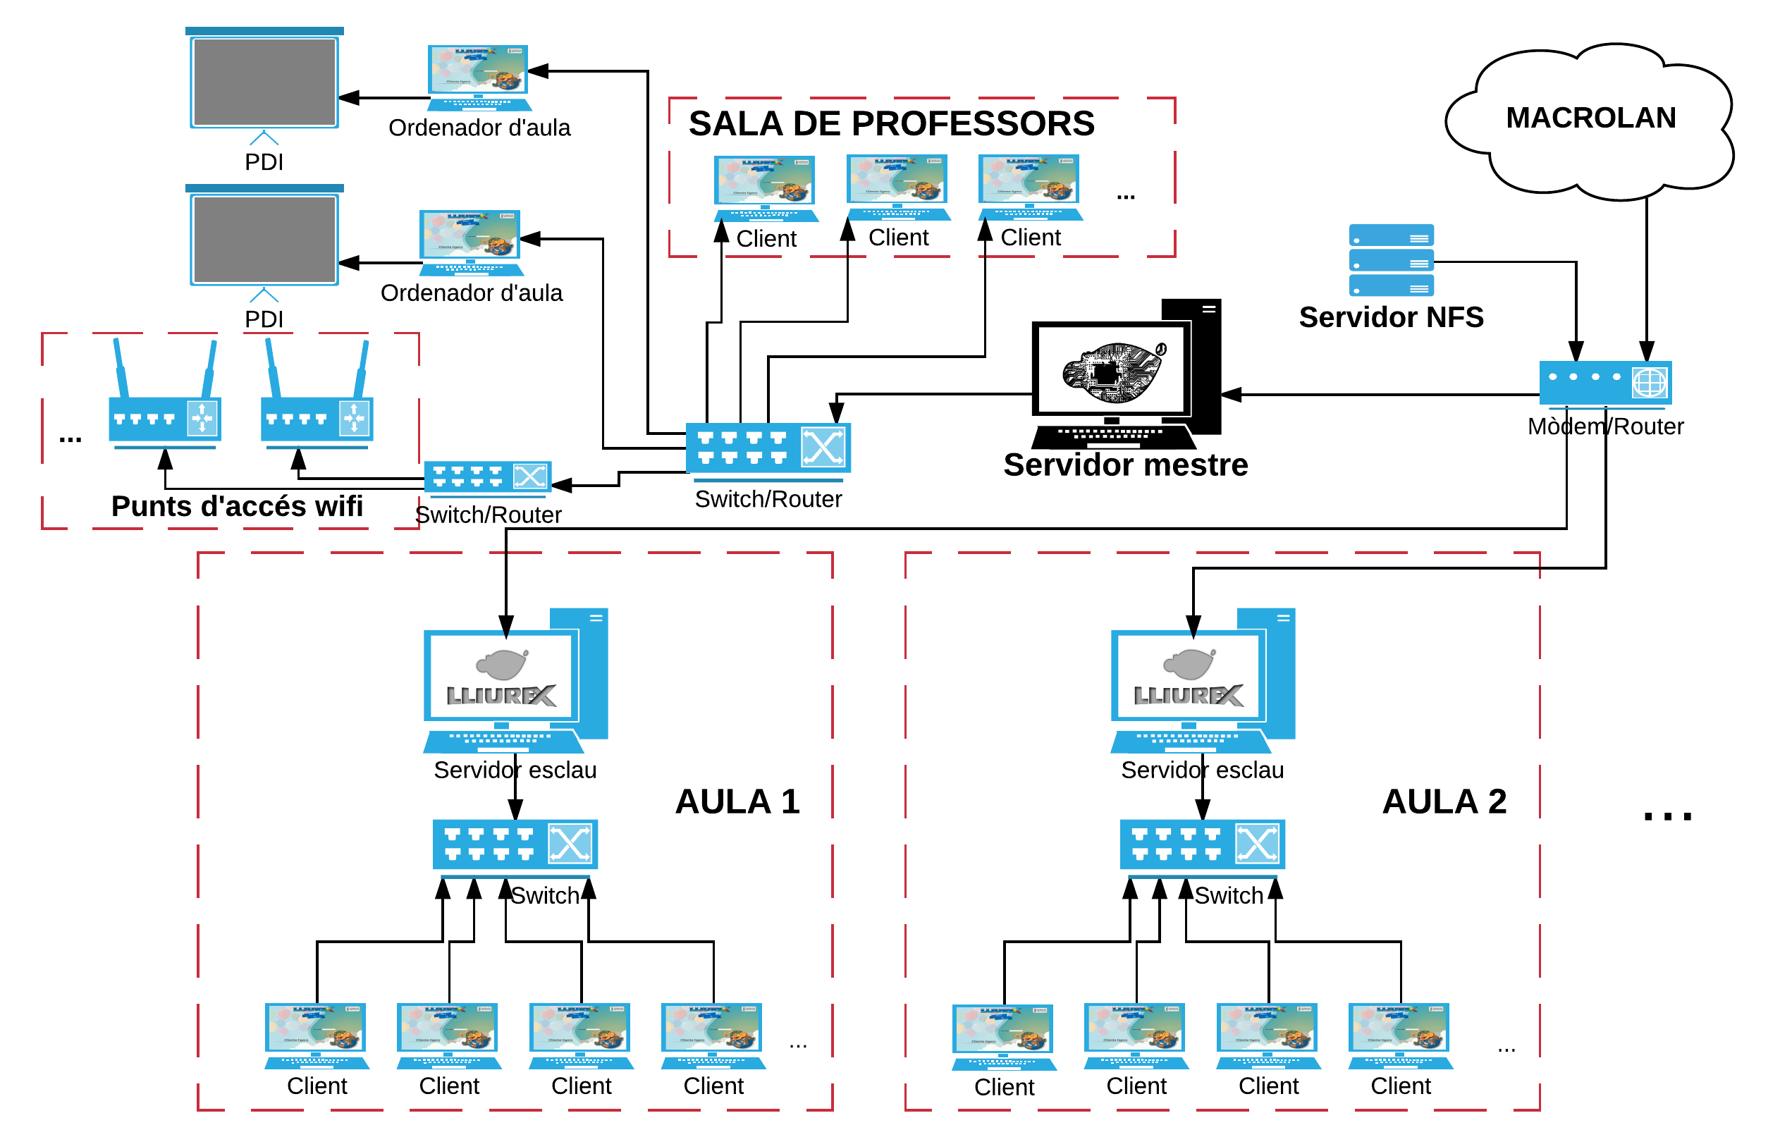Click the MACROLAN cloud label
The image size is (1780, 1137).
coord(1590,118)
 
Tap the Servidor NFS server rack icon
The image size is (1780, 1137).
coord(1390,260)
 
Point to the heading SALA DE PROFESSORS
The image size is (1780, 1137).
coord(891,124)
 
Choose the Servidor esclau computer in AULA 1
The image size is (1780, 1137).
coord(515,680)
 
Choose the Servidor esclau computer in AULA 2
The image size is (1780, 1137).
coord(1202,680)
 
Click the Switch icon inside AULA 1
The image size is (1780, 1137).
coord(515,844)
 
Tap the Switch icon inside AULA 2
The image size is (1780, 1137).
coord(1202,844)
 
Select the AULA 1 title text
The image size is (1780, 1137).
coord(737,802)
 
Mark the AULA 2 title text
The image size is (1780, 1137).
coord(1444,802)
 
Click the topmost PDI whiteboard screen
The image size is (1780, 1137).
coord(264,81)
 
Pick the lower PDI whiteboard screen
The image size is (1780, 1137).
coord(264,239)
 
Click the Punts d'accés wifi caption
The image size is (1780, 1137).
coord(237,506)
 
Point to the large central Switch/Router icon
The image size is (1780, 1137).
coord(768,448)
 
